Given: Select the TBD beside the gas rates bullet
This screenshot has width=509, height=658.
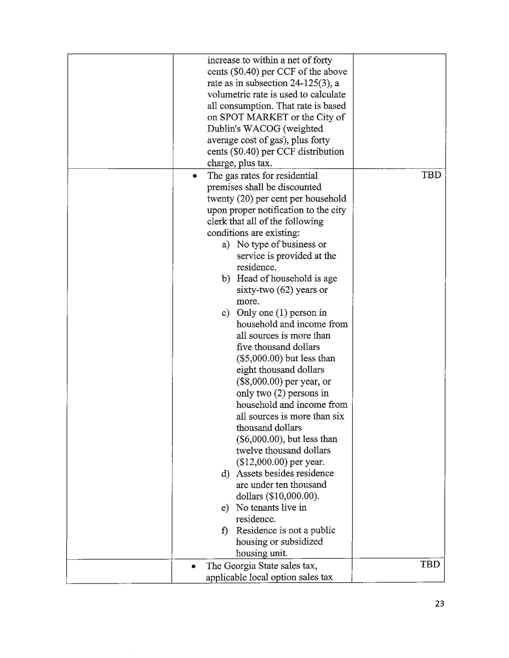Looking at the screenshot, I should point(431,176).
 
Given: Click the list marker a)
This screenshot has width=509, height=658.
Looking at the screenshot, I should point(226,245).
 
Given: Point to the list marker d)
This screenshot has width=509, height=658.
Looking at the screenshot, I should point(226,473).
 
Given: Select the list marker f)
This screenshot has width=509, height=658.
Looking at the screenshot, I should point(225,530).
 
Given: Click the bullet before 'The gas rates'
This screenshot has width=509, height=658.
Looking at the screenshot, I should point(195,177).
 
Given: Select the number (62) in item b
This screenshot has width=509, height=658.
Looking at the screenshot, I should point(283,290).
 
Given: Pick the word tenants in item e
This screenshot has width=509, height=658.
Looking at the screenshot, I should point(267,508).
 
